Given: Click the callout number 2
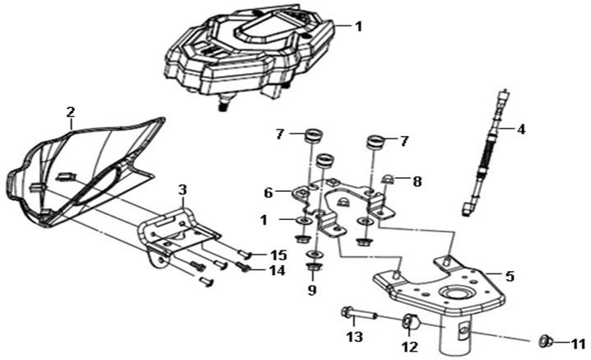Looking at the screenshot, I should pos(70,111).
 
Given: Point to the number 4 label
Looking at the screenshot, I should pos(520,129).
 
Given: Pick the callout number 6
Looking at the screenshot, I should pos(268,192).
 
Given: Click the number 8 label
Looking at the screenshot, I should pos(417,180).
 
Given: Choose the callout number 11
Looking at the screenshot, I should pos(577,342).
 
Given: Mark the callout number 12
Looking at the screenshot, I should pos(409,348).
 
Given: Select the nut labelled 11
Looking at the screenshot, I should pos(544,340).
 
